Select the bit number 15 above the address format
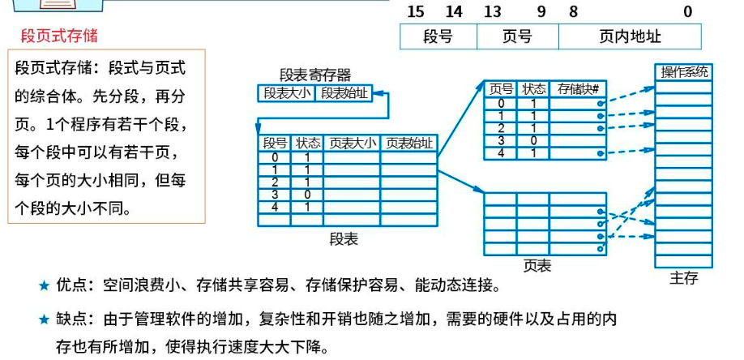pos(416,11)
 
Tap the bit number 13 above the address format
pos(492,11)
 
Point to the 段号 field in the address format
pos(438,36)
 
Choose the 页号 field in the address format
pos(517,36)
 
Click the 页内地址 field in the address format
pos(630,36)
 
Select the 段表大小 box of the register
pos(285,92)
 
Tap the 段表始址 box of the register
pos(344,92)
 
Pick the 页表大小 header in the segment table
pos(351,144)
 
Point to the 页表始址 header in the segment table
pos(408,144)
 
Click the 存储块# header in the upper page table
pos(577,89)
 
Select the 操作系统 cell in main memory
pos(684,72)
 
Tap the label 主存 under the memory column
pos(683,278)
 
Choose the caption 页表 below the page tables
pos(537,264)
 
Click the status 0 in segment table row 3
pos(307,195)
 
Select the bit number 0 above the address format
pos(688,11)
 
